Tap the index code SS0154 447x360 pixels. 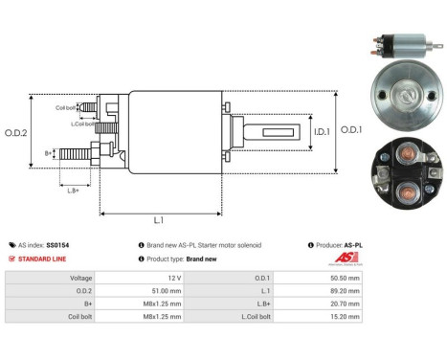click(x=58, y=245)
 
